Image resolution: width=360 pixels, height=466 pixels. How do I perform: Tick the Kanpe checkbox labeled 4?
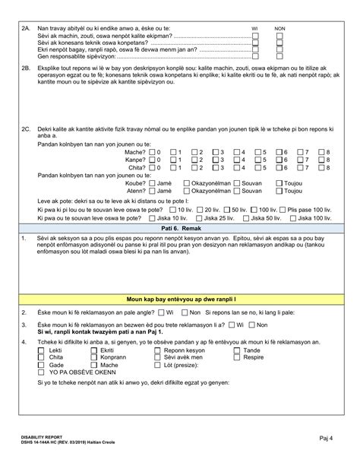coord(238,160)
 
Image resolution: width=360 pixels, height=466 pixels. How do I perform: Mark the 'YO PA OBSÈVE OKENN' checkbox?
coord(43,372)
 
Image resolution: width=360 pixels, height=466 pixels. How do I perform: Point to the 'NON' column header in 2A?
coord(278,28)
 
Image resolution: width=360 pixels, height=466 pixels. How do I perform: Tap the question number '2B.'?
coord(25,66)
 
